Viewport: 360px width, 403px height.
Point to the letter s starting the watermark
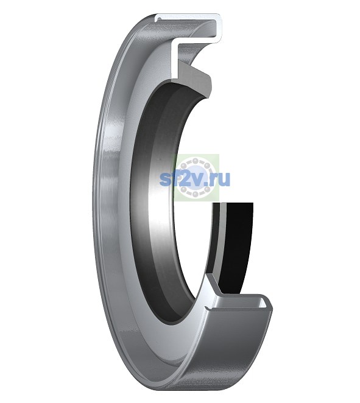pos(165,180)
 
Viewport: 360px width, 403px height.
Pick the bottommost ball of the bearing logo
pos(195,193)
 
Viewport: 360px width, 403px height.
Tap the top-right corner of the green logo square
pos(219,154)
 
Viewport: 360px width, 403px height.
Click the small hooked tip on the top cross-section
pos(158,19)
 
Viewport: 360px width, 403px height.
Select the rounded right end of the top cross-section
pos(220,29)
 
